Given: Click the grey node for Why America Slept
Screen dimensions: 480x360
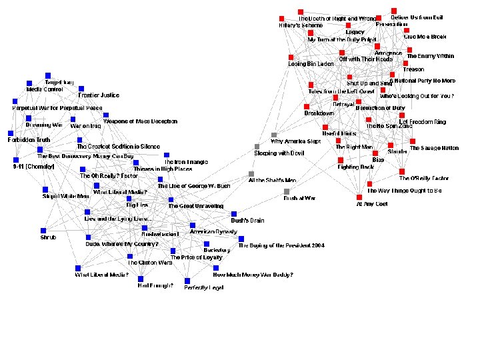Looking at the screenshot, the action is point(273,135).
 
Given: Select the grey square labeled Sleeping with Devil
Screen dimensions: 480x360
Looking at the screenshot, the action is point(257,147).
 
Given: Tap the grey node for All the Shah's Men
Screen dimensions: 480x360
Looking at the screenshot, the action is point(251,174).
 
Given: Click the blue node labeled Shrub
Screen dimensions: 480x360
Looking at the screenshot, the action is point(44,231).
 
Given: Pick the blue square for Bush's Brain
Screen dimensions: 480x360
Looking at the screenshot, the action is point(234,214).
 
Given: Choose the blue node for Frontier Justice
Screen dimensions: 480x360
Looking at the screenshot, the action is point(81,89).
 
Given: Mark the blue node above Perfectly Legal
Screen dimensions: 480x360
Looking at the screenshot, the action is point(187,281).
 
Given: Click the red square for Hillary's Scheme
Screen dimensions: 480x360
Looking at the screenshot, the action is point(282,18).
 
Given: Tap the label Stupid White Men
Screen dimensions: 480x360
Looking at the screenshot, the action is point(65,197).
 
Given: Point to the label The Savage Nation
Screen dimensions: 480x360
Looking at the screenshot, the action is point(434,148).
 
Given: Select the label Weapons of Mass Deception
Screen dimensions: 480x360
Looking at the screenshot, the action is point(140,121).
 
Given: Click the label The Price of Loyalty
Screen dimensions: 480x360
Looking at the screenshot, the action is point(196,257).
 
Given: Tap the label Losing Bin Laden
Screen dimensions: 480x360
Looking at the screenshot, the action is point(310,64).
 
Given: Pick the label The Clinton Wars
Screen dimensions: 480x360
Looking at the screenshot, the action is point(150,263).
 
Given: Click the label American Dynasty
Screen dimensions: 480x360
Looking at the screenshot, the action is point(213,231).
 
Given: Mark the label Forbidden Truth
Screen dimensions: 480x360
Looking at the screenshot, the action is point(29,140).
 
